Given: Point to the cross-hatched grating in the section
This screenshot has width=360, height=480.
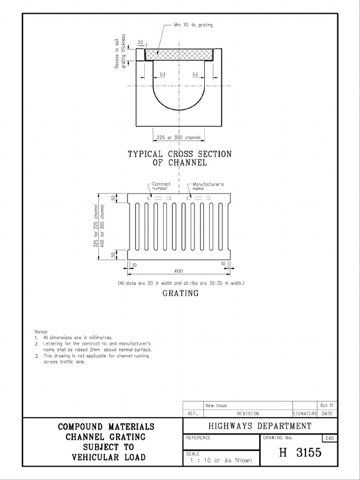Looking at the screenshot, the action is coord(179,54).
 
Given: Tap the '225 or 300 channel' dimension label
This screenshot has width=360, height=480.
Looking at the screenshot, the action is coord(179,137).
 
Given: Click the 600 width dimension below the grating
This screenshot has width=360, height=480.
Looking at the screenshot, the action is coord(179,270).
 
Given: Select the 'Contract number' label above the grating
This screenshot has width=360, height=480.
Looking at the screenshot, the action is coord(161,187).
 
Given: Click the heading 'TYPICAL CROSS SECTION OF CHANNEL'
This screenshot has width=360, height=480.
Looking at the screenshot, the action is coord(180,158).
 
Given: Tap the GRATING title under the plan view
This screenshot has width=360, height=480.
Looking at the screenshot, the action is coord(180,293).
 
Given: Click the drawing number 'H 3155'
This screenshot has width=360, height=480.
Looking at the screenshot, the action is coord(300,452).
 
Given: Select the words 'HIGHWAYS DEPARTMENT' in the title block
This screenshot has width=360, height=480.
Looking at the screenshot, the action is coord(260,426).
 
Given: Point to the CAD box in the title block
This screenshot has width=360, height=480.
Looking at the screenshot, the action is coord(330,438).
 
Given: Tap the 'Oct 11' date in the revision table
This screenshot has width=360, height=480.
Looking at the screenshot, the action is coord(328,405).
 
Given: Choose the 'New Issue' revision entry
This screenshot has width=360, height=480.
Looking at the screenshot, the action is coord(216,405).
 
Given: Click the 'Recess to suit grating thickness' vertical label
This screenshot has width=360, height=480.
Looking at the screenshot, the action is coord(120,53).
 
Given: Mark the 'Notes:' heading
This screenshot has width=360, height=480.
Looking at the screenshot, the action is coord(41,331).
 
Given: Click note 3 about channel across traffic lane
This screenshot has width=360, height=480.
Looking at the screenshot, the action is coord(91,359).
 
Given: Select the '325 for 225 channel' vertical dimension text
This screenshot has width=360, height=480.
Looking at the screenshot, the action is coord(96,225).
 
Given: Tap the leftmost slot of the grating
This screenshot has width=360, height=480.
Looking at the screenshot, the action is coord(137,226).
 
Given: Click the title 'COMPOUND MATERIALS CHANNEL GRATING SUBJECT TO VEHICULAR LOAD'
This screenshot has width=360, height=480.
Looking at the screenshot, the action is coord(106,442).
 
